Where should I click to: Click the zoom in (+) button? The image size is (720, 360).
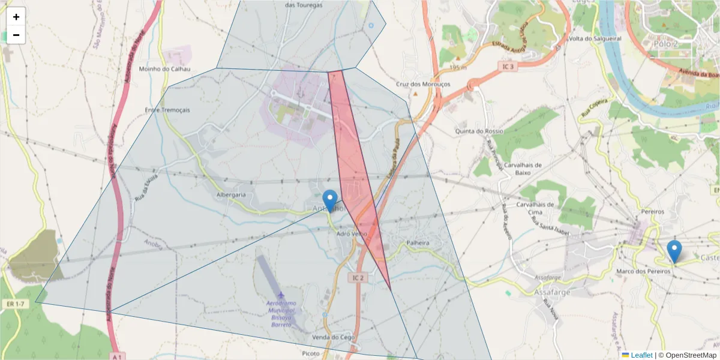click(x=16, y=17)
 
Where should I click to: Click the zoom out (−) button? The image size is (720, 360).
click(x=16, y=35)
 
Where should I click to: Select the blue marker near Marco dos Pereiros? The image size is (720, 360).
click(x=674, y=251)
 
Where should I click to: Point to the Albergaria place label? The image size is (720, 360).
click(x=231, y=194)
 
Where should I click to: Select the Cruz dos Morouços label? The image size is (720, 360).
click(x=424, y=85)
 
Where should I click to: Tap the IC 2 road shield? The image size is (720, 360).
click(x=358, y=278)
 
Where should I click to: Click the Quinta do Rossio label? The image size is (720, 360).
click(x=479, y=131)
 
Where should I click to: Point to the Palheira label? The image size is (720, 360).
click(x=418, y=243)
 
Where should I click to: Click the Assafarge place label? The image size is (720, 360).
click(x=551, y=293)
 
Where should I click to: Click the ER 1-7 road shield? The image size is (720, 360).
click(x=16, y=304)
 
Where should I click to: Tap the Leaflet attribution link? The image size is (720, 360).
click(x=641, y=355)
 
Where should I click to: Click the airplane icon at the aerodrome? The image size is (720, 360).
click(x=281, y=295)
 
